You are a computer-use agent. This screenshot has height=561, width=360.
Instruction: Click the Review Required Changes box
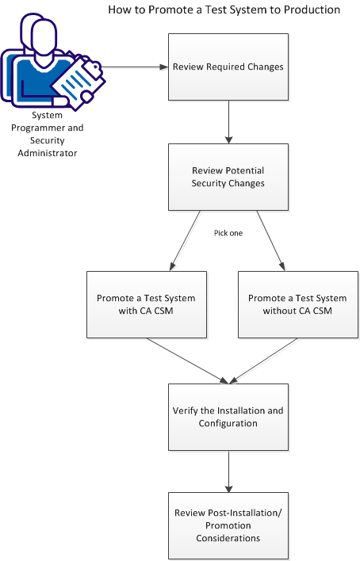[x=228, y=67]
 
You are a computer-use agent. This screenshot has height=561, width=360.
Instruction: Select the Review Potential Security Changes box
[x=228, y=177]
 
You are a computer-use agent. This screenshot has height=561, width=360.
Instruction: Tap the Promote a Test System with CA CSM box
[x=146, y=304]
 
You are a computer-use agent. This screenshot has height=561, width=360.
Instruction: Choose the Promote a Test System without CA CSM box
[x=297, y=304]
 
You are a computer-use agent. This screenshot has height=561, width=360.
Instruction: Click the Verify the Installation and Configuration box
[x=228, y=417]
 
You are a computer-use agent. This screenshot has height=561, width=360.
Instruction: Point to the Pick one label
[x=228, y=234]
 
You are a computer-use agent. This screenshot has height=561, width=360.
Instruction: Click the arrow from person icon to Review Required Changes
[x=135, y=67]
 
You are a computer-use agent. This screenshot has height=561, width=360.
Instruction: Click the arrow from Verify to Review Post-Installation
[x=228, y=471]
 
